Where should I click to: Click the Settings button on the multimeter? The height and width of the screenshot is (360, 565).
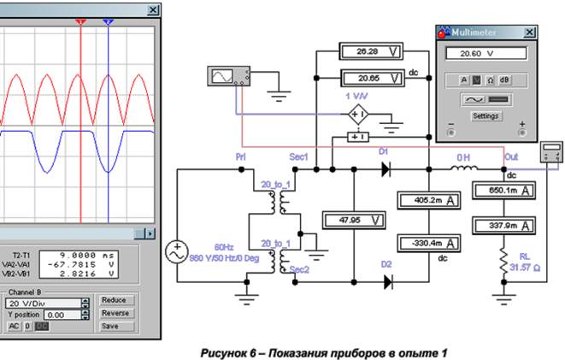click(x=486, y=115)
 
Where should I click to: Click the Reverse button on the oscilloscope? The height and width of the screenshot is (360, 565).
click(x=115, y=313)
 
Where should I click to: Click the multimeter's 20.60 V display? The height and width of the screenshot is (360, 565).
click(x=485, y=53)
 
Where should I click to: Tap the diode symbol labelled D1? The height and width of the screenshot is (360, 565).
click(x=385, y=169)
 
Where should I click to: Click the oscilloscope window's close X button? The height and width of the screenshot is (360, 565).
click(x=153, y=10)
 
